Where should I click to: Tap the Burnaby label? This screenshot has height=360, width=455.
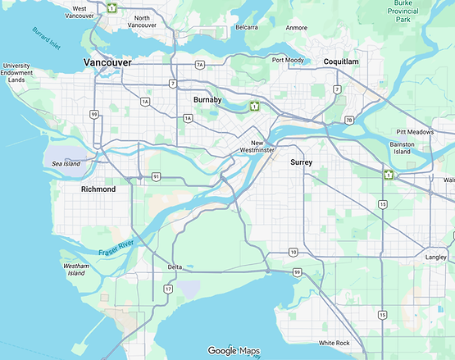coord(208,99)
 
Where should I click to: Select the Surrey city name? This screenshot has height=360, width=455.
coord(302,162)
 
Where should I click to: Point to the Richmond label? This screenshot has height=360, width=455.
coord(98,189)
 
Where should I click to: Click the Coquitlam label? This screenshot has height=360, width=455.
coord(341,62)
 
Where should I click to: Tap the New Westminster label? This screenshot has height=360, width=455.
coord(262,146)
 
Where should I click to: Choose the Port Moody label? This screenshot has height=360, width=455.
coord(289,60)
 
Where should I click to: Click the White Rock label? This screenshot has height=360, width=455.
coord(334,343)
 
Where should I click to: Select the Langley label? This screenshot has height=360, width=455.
coord(436,257)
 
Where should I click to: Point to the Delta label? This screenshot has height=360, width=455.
coord(175,267)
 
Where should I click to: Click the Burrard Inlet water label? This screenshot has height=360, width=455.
coord(47,37)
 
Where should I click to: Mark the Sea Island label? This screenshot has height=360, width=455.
coord(66,164)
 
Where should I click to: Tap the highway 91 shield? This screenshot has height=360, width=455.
coord(155,175)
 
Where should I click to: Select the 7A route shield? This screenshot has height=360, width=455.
coord(199,64)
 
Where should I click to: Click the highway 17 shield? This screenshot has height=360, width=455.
coord(169,289)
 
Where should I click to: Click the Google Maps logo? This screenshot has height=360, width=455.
coord(234,351)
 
